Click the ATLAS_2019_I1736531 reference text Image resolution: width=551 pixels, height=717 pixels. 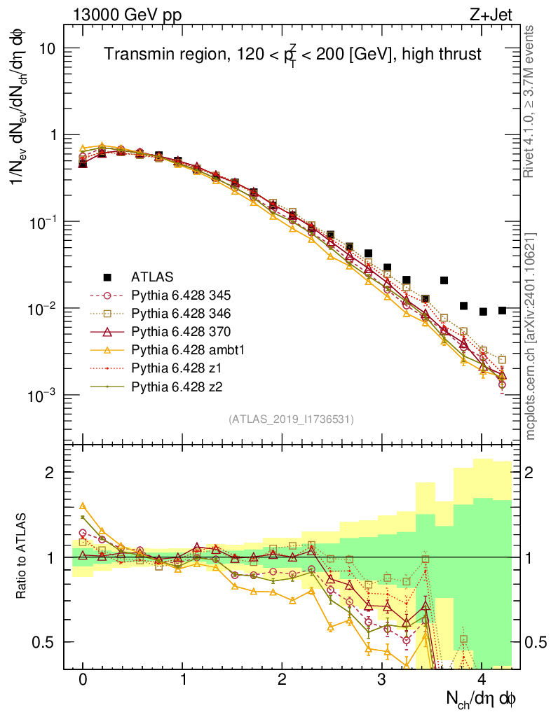coord(291,419)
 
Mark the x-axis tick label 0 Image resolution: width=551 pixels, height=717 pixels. coord(83,680)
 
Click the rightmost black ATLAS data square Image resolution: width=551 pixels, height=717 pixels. coord(502,310)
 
